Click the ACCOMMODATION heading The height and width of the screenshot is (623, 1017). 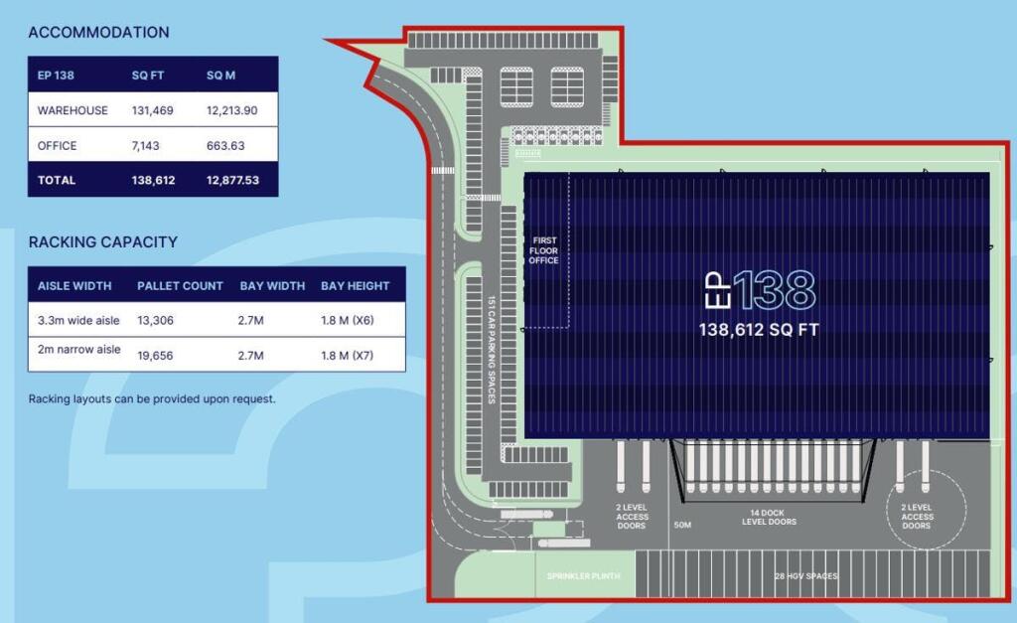(98, 32)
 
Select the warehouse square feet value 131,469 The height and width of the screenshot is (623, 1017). (152, 110)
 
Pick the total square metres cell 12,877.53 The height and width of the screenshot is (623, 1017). (232, 181)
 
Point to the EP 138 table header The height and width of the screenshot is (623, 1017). (56, 75)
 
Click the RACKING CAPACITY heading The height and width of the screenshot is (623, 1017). (102, 241)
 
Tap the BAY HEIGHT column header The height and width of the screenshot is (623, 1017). (355, 286)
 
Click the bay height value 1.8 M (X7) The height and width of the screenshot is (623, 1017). (355, 355)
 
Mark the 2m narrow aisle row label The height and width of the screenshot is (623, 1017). (79, 350)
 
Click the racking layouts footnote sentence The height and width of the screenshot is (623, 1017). (152, 399)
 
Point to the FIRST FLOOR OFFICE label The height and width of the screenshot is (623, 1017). (545, 250)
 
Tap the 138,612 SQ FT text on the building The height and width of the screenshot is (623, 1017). (760, 330)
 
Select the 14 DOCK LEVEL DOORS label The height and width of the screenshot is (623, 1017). (769, 517)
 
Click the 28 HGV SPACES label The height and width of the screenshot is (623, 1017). (805, 576)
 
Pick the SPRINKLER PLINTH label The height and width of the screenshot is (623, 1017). (583, 576)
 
